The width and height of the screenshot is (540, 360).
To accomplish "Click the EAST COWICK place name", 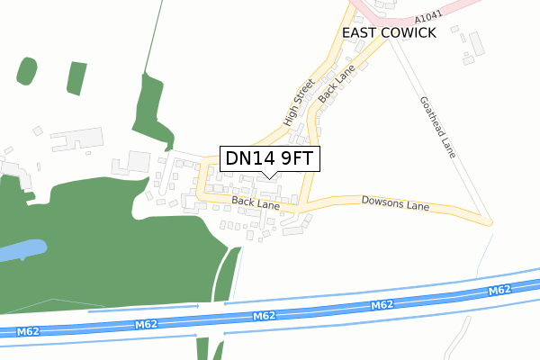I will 389,32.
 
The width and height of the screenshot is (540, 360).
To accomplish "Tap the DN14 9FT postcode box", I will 269,158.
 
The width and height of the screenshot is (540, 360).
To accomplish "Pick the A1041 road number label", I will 429,19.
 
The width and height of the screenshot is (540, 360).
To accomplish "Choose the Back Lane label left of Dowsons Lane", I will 256,203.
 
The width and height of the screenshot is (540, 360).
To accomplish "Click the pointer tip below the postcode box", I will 269,176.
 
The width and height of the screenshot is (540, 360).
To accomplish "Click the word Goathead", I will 431,113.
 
